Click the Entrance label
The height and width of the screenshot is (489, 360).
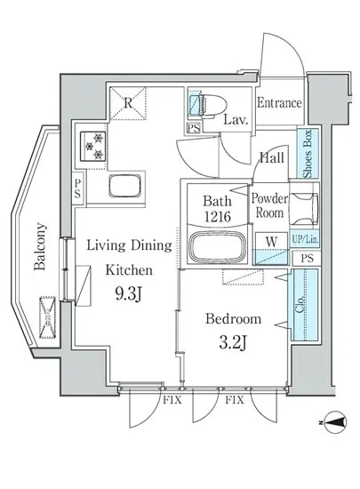(279, 103)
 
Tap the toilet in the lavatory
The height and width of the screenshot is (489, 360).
(211, 106)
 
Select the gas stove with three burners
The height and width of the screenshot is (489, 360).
(93, 146)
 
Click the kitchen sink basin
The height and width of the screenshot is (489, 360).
(124, 186)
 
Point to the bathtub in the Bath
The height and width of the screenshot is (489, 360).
(217, 246)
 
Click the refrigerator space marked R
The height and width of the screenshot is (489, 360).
(128, 103)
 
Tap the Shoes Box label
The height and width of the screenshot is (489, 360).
(308, 154)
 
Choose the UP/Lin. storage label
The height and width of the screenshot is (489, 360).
(305, 240)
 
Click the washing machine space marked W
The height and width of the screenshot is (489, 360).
(271, 249)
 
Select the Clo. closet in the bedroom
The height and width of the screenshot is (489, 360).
(305, 304)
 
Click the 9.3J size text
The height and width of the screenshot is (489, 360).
(128, 294)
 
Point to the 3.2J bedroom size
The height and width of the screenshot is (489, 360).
(233, 344)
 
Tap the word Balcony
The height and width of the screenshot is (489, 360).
(40, 246)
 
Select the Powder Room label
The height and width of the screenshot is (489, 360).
(269, 206)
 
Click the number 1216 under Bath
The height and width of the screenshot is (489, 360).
(217, 216)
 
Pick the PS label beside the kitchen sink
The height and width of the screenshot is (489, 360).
(77, 188)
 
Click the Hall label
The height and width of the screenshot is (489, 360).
(272, 157)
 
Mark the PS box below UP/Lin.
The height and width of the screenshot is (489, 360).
(306, 258)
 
